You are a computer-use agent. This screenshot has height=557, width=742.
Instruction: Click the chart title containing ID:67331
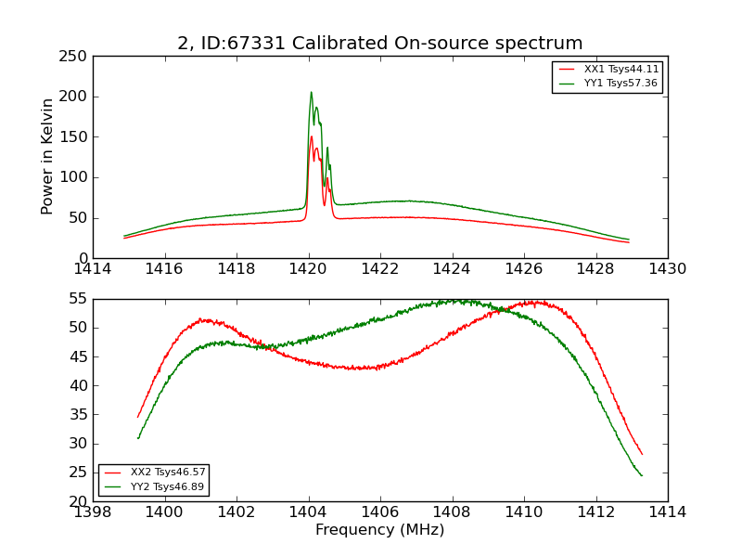pyautogui.click(x=380, y=44)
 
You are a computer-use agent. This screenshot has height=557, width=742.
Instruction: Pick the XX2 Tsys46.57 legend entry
pyautogui.click(x=168, y=473)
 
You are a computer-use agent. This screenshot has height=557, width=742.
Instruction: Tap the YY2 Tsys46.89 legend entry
pyautogui.click(x=168, y=486)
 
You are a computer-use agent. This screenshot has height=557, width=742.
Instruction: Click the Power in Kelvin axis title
pyautogui.click(x=47, y=157)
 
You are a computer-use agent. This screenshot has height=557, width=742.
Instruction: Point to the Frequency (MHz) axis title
pyautogui.click(x=380, y=530)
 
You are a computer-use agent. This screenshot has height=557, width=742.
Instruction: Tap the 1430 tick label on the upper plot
pyautogui.click(x=667, y=268)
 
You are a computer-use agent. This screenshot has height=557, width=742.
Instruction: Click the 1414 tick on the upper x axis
pyautogui.click(x=94, y=268)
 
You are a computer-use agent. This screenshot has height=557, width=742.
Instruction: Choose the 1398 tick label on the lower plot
pyautogui.click(x=94, y=512)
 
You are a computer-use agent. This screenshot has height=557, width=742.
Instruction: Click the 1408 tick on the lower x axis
pyautogui.click(x=452, y=512)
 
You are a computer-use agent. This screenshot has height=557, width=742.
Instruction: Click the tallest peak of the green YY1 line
pyautogui.click(x=311, y=92)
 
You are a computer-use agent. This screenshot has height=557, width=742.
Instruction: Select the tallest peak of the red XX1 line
pyautogui.click(x=311, y=137)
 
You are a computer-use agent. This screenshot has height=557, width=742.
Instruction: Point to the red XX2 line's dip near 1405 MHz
pyautogui.click(x=362, y=369)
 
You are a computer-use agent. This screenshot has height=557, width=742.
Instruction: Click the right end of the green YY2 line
pyautogui.click(x=642, y=475)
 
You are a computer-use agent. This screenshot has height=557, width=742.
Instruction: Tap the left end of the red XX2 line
pyautogui.click(x=138, y=417)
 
